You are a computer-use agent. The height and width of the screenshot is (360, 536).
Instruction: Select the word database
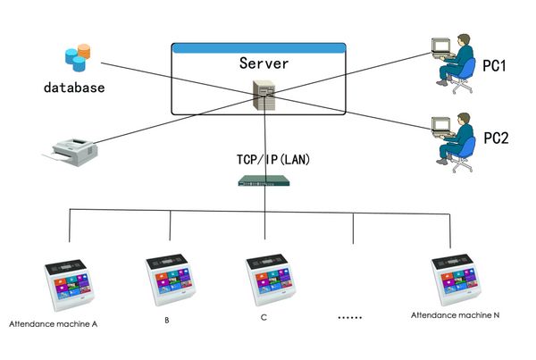pyautogui.click(x=75, y=88)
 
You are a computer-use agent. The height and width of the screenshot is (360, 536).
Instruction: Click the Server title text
pyautogui.click(x=264, y=64)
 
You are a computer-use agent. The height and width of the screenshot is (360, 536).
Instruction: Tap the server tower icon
pyautogui.click(x=264, y=93)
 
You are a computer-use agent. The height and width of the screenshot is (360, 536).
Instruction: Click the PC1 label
pyautogui.click(x=496, y=66)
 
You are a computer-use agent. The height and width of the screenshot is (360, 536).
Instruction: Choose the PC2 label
pyautogui.click(x=496, y=138)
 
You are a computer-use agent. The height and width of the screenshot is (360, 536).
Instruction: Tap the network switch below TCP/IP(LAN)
pyautogui.click(x=265, y=181)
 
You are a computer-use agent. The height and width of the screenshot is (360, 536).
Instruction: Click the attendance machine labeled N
pyautogui.click(x=457, y=280)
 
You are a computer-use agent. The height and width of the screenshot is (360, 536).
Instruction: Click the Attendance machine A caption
pyautogui.click(x=53, y=323)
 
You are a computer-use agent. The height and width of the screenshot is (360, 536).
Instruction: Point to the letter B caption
pyautogui.click(x=166, y=319)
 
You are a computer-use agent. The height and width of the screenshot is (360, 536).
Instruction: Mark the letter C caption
pyautogui.click(x=264, y=317)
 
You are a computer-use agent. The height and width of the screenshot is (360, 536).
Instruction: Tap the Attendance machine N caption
pyautogui.click(x=455, y=315)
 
